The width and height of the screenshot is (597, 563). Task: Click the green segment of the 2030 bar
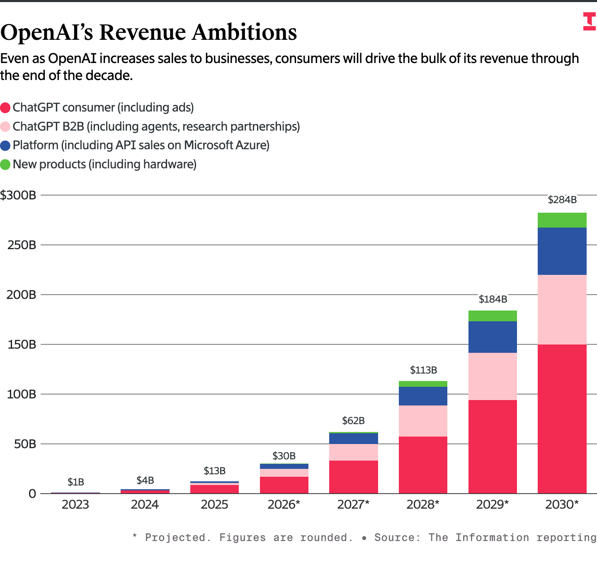[562, 220]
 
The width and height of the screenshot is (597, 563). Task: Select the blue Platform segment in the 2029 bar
[493, 337]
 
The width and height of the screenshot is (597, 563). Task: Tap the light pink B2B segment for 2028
[423, 421]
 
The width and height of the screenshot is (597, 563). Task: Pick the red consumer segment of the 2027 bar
[353, 477]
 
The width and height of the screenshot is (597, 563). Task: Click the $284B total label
[562, 200]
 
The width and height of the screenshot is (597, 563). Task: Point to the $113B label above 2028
[423, 370]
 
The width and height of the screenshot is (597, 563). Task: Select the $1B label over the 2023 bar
[76, 482]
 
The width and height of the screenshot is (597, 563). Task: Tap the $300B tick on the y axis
[18, 195]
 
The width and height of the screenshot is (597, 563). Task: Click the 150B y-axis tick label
[22, 345]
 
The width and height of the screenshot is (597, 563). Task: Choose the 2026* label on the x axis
[284, 505]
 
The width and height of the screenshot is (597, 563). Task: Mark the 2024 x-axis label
[145, 505]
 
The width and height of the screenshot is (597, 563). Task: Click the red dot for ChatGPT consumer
[5, 108]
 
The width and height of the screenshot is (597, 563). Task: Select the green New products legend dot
[5, 165]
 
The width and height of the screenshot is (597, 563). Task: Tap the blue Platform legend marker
[5, 146]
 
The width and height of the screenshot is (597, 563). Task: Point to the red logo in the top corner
[589, 22]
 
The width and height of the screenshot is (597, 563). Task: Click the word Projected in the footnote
[175, 538]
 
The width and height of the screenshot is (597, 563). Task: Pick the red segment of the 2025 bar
[214, 489]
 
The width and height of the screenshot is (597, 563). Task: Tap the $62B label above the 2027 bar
[353, 421]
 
